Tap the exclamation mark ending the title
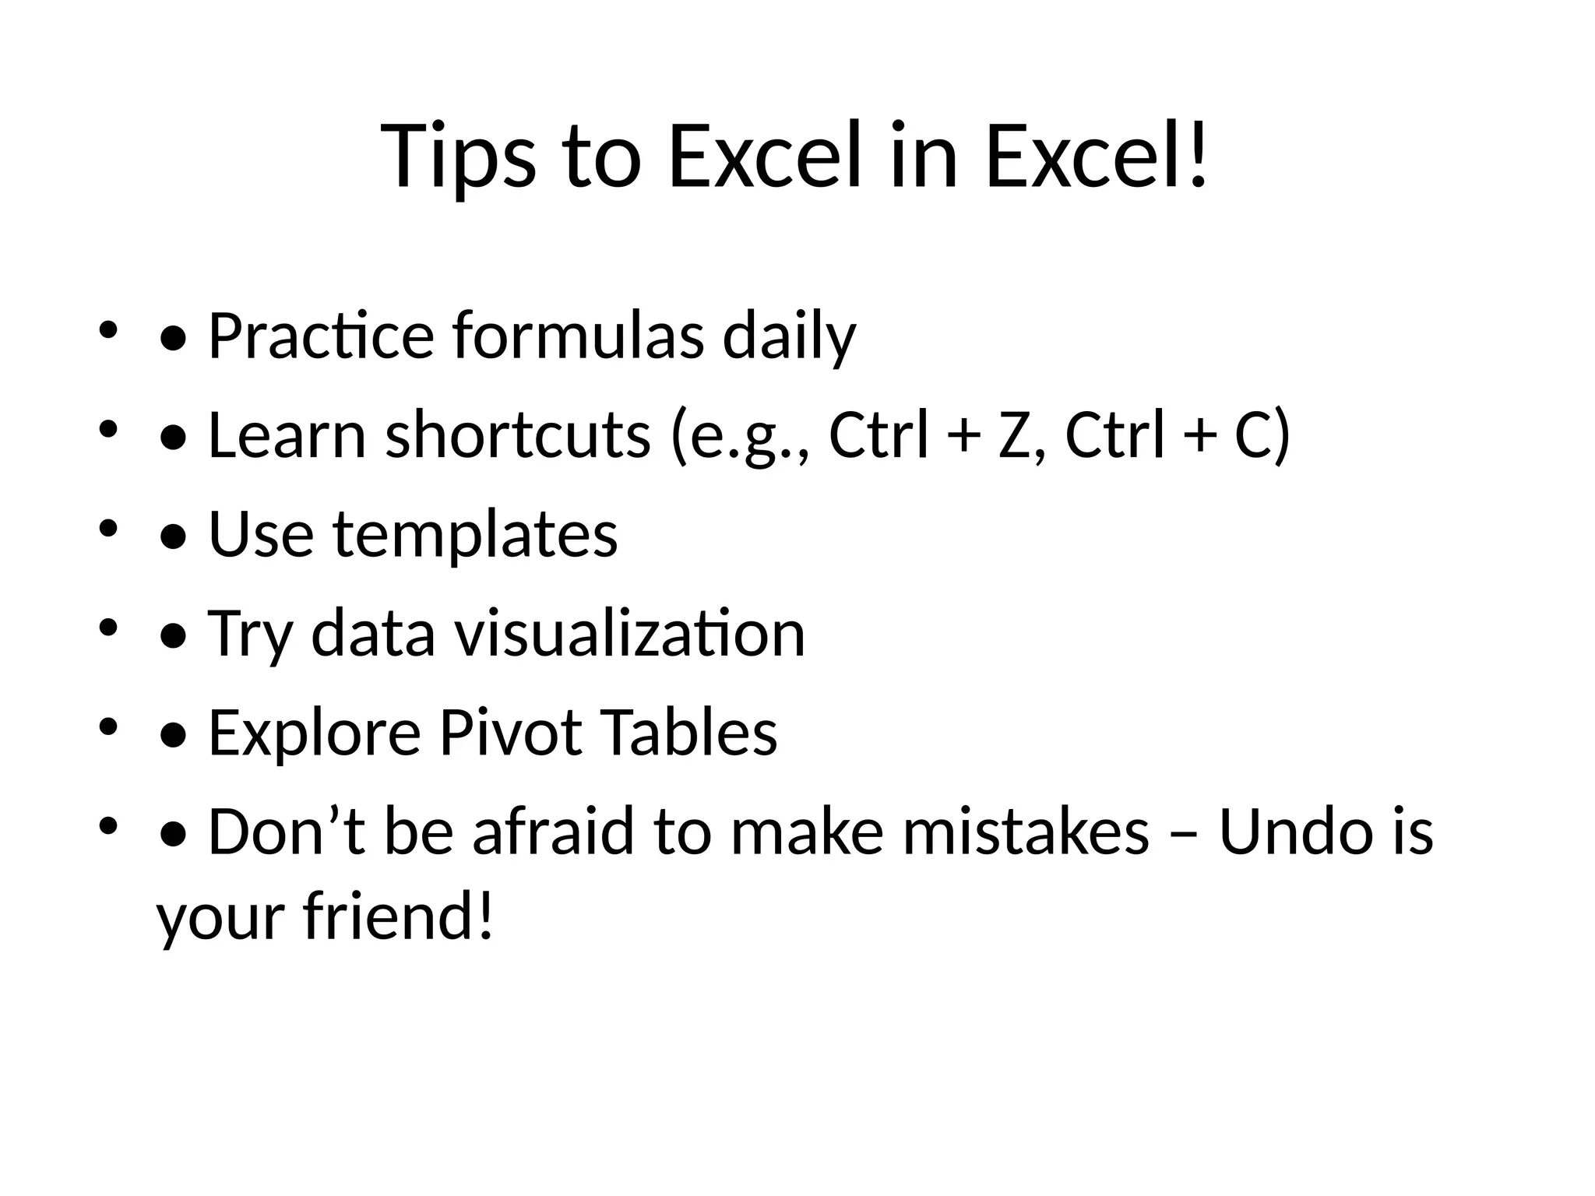[1197, 156]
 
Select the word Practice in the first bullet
[321, 336]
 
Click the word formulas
[578, 336]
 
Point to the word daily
[789, 336]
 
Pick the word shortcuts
[518, 435]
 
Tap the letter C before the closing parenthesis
[1252, 435]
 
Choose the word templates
[475, 535]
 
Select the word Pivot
[511, 733]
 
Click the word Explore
[315, 733]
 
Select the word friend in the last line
[397, 916]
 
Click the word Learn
[287, 435]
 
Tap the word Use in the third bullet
[261, 535]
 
